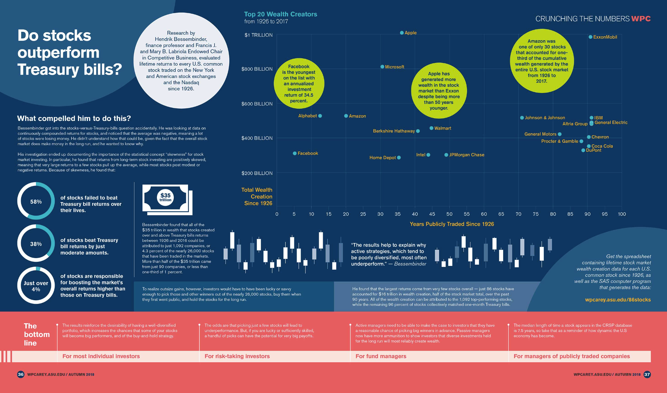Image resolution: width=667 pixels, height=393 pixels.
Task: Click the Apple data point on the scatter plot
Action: point(402,33)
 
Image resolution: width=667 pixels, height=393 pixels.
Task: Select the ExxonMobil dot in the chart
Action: point(590,37)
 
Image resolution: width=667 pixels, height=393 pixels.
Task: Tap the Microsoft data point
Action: point(382,67)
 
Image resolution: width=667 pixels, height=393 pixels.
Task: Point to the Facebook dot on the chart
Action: point(295,153)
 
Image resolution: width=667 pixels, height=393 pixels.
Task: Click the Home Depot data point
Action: point(399,158)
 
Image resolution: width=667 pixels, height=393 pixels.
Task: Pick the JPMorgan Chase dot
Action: point(446,155)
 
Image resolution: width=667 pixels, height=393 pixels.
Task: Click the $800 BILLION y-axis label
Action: point(257,69)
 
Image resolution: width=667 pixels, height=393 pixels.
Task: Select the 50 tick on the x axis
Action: point(449,214)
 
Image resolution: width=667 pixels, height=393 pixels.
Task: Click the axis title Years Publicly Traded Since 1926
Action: point(452,224)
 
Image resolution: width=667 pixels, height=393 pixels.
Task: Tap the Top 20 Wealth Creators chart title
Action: point(280,14)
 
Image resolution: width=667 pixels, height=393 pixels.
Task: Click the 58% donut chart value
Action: point(36,201)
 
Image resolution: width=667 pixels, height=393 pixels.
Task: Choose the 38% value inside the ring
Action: point(36,244)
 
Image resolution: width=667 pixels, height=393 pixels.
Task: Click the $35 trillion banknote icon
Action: point(167,199)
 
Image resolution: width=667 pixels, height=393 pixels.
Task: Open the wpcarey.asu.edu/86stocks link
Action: point(618,300)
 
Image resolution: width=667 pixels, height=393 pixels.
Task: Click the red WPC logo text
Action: point(641,19)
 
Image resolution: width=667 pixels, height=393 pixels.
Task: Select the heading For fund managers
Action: point(381,356)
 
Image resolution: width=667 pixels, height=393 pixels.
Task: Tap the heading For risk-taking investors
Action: point(237,356)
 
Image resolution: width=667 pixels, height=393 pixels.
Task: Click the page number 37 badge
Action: point(647,374)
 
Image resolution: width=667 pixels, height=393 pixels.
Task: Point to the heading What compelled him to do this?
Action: point(74,118)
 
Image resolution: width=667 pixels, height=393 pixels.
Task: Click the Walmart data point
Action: point(431,128)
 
